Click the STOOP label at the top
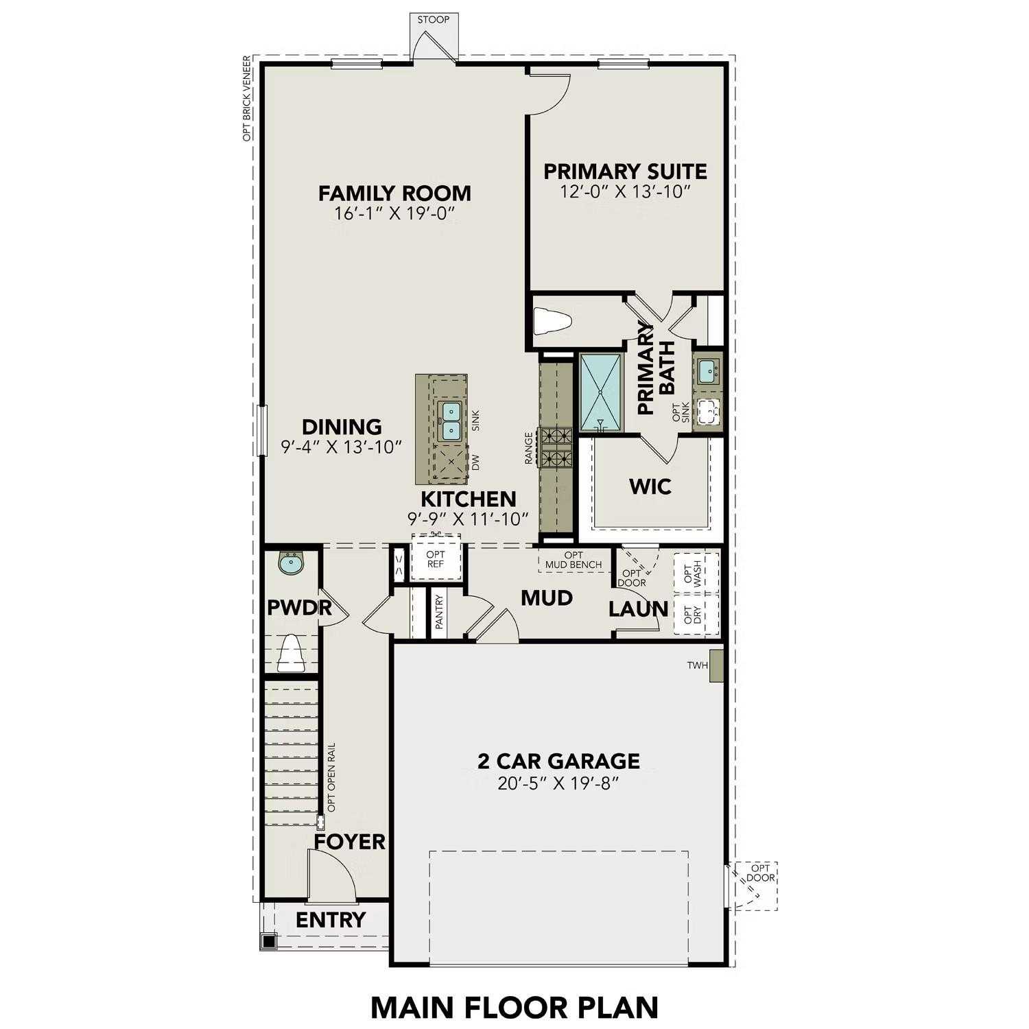coord(434,19)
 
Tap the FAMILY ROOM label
coord(394,193)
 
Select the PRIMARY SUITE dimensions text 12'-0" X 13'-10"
coord(624,191)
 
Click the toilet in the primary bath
coord(552,320)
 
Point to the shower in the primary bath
coord(601,392)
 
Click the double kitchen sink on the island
coord(451,421)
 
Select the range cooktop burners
coord(556,446)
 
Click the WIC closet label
coord(650,487)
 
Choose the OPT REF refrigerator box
coord(436,559)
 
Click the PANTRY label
coord(440,613)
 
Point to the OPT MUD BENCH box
coord(573,560)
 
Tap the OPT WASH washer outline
coord(696,573)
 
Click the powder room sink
coord(291,565)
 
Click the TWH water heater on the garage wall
coord(717,666)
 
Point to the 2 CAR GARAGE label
coord(558,761)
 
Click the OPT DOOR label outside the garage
coord(761,873)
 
